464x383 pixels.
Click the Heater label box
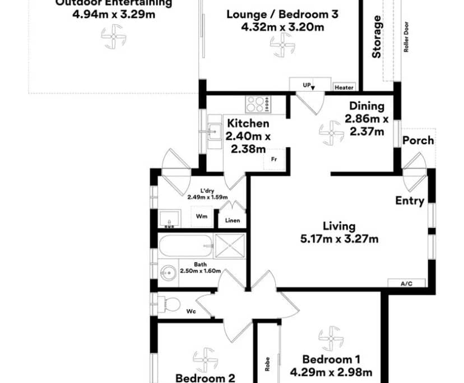[344, 87]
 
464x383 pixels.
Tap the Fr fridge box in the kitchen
[275, 159]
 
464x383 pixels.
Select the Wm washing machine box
[200, 216]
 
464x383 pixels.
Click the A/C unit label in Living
[406, 283]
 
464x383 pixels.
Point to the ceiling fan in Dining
[331, 133]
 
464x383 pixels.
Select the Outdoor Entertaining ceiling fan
[114, 38]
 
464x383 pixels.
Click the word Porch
[418, 140]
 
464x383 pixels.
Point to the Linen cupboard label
[233, 220]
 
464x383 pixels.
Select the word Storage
[377, 38]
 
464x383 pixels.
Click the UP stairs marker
[309, 86]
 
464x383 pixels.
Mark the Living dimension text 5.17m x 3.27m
[339, 239]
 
